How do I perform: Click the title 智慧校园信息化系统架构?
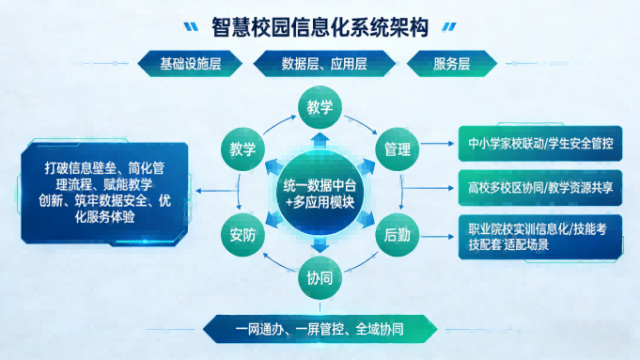320,27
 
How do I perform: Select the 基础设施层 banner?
191,65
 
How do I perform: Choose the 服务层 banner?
452,65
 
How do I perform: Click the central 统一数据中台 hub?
320,192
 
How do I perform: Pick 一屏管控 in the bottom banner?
319,329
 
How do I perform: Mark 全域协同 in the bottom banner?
381,329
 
